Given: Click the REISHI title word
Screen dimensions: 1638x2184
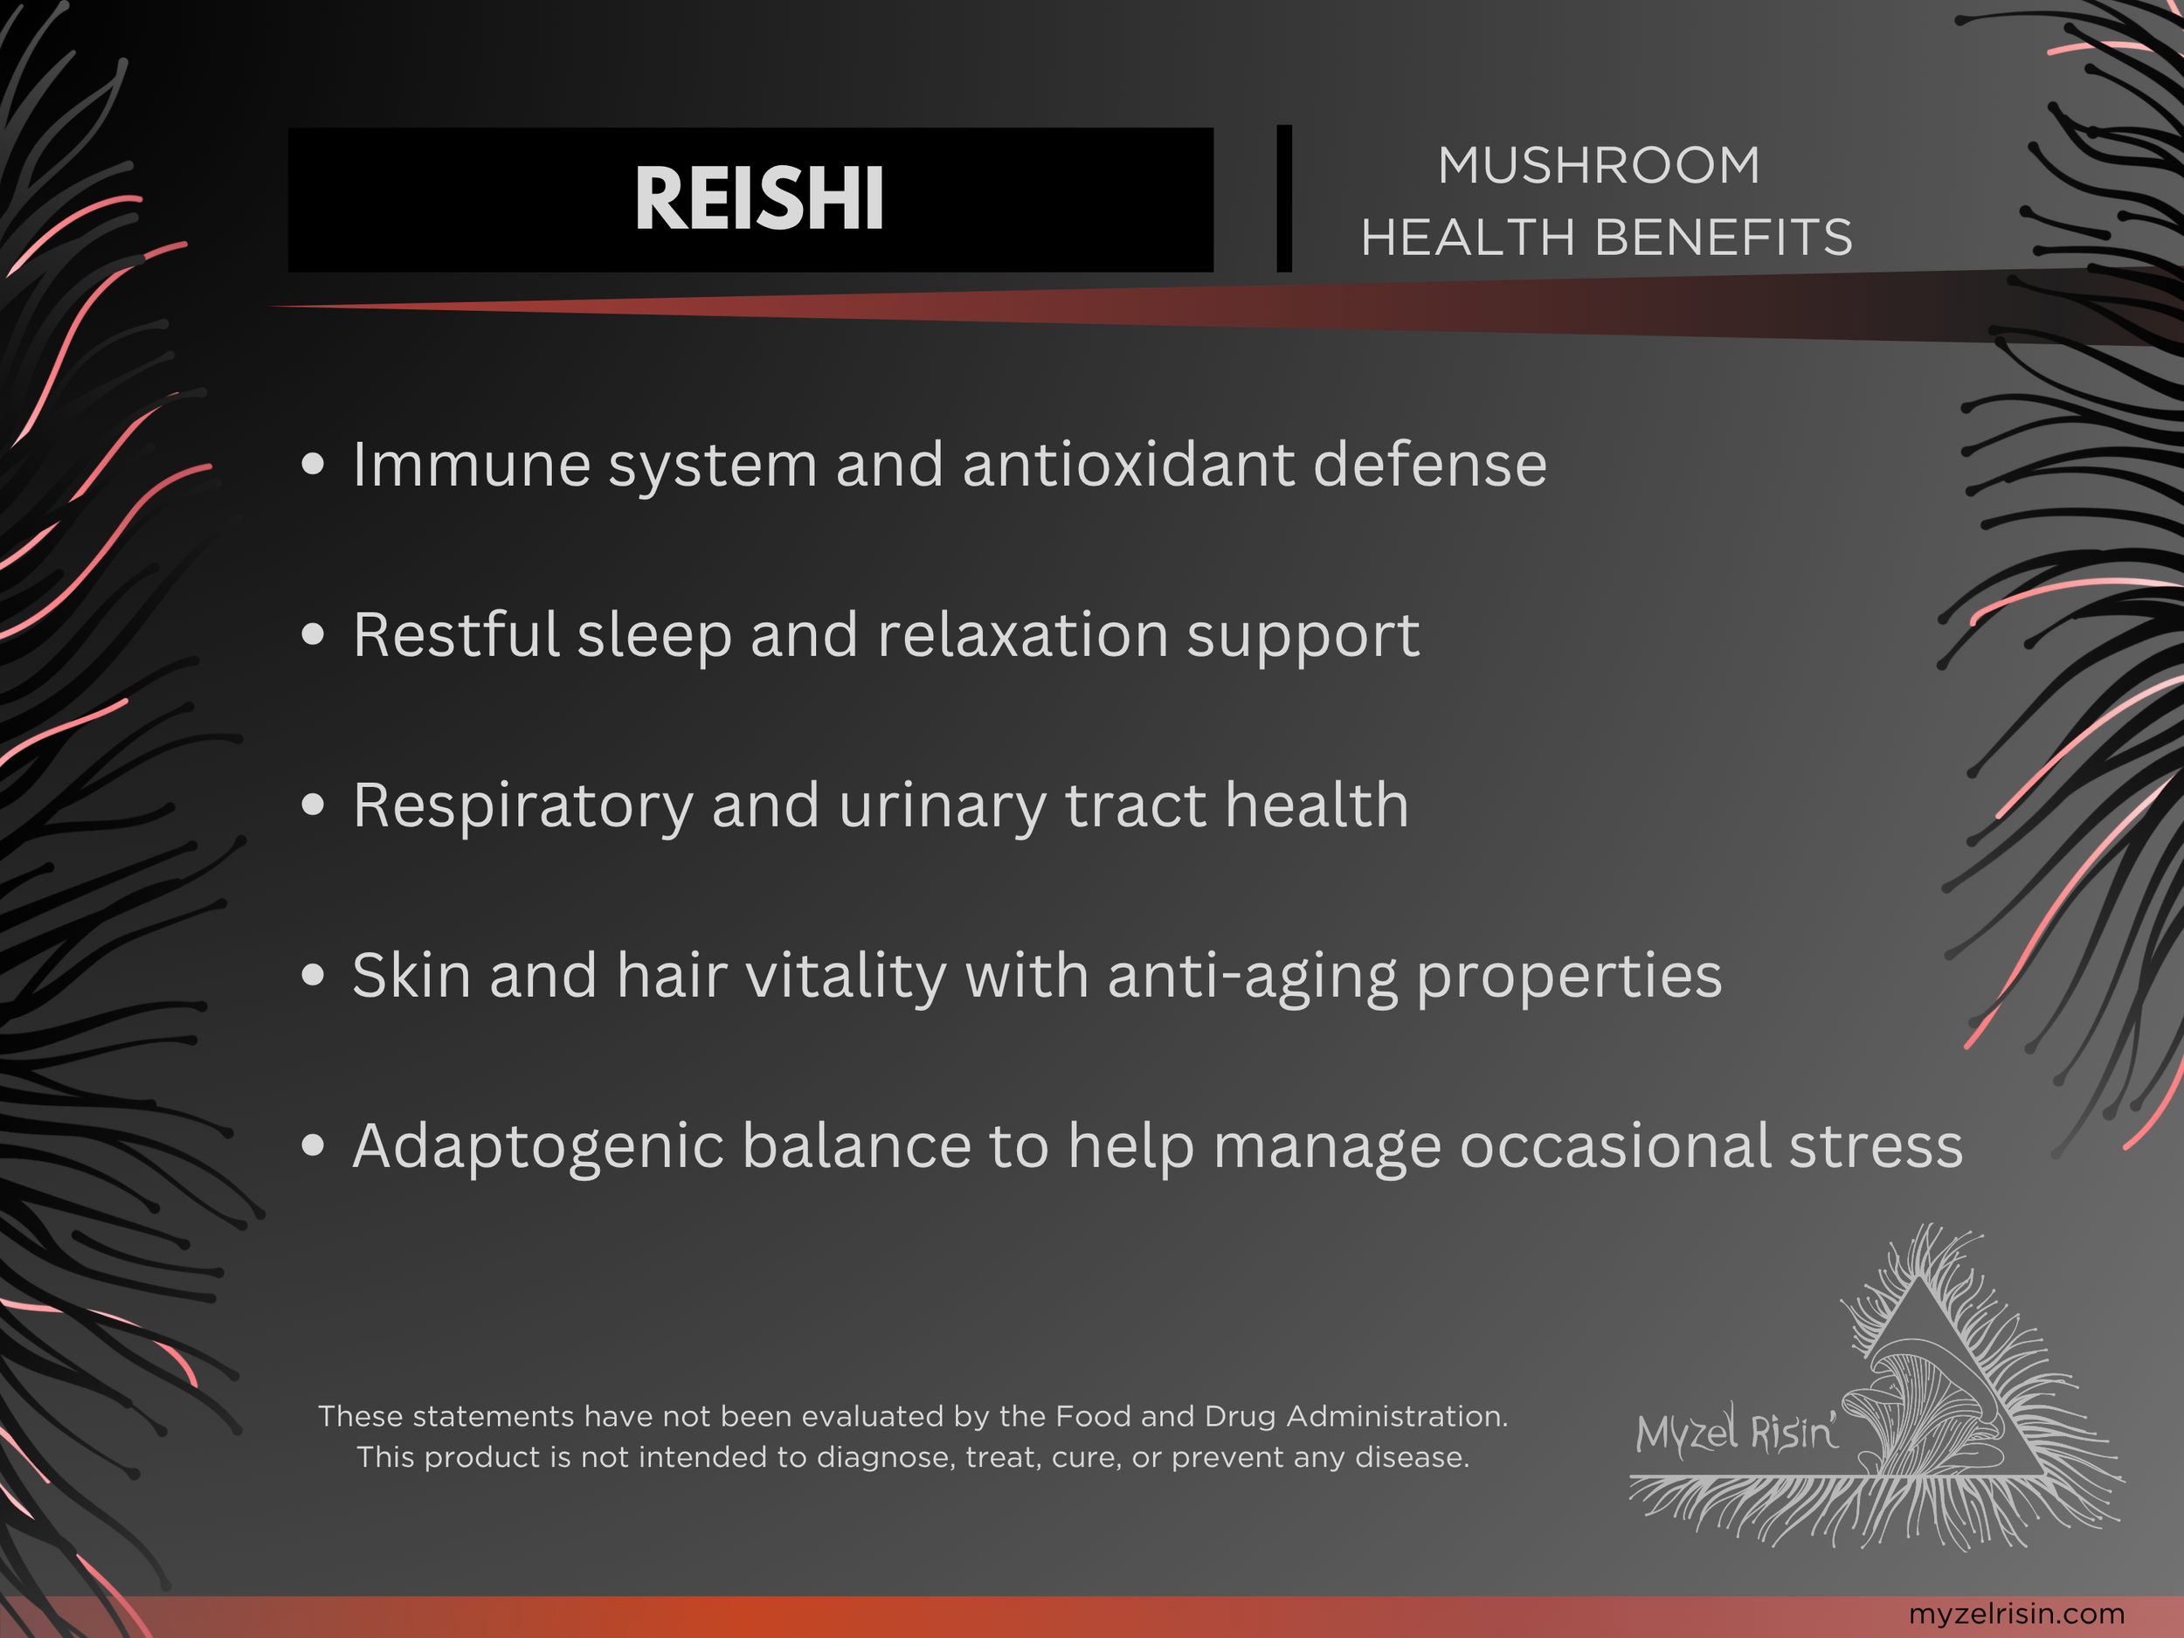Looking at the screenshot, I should click(758, 198).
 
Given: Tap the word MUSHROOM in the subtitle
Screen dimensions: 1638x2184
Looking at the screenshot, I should click(1599, 165).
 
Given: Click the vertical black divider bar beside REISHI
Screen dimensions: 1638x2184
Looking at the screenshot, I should click(1283, 198).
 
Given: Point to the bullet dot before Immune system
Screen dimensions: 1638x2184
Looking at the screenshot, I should click(313, 464).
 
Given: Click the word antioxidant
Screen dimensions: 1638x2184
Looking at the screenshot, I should click(1128, 465).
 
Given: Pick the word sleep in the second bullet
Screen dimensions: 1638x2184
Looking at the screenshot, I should click(653, 635).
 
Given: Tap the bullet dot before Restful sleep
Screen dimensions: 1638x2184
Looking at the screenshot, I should click(313, 635).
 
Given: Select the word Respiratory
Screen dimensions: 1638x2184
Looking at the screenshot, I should click(522, 806).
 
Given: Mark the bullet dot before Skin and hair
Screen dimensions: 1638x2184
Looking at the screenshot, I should click(313, 976).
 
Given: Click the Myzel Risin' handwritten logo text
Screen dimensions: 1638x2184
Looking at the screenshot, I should click(1735, 1431).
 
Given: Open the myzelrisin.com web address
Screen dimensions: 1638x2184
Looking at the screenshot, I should click(2016, 1614).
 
